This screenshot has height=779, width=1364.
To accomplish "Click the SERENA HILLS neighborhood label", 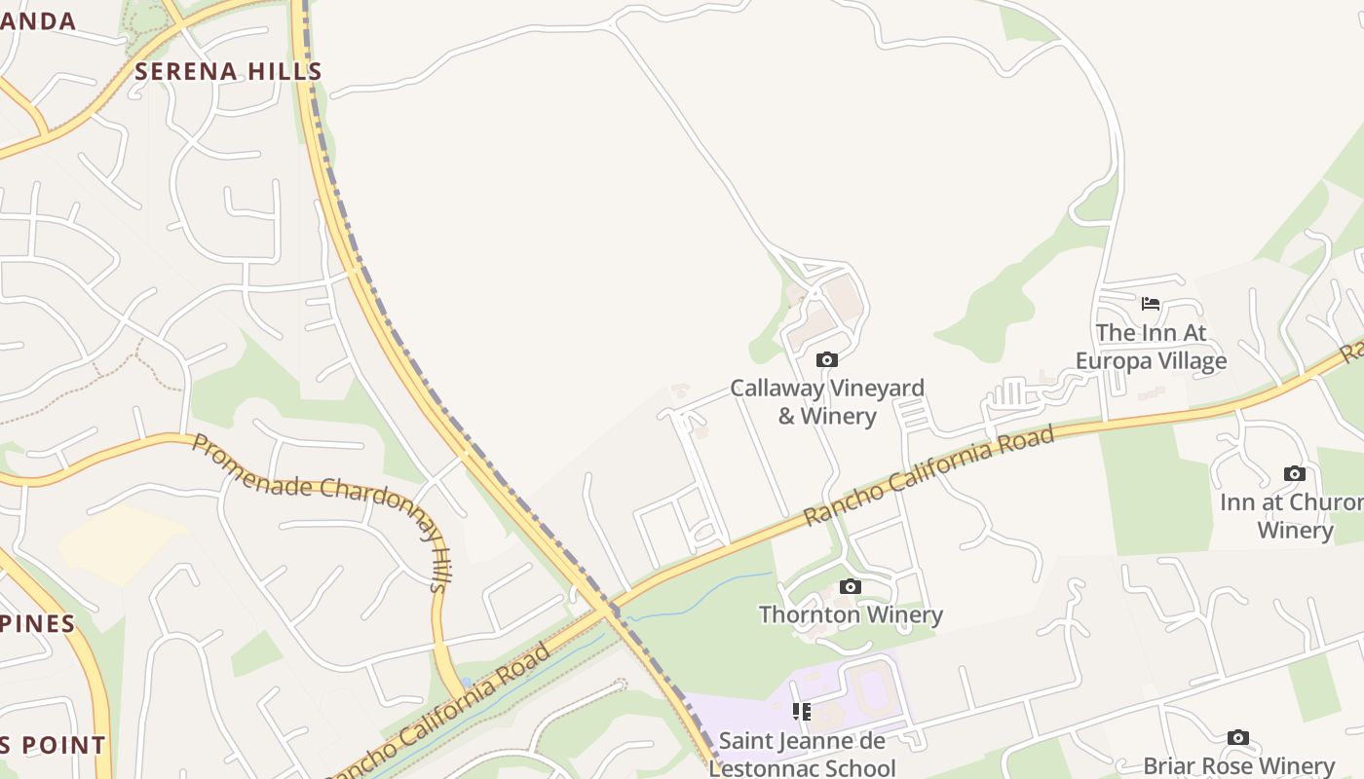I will coord(228,71).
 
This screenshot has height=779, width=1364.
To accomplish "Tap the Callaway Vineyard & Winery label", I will coord(827,401).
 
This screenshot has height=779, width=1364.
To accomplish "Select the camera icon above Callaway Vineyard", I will coord(827,360).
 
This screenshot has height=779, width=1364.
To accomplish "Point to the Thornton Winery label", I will coord(851,614).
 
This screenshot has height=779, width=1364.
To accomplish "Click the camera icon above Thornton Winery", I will coord(851,586).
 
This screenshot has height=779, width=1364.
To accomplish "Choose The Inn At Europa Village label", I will coord(1151,347).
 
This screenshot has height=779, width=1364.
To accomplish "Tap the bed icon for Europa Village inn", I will coord(1151,304).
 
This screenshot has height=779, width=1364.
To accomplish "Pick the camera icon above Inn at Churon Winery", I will coord(1294,474).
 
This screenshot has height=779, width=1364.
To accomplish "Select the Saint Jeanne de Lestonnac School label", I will coord(802,754).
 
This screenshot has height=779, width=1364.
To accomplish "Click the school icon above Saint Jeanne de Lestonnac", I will coord(802,712).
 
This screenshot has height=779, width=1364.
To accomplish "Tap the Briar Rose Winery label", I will coord(1238,765).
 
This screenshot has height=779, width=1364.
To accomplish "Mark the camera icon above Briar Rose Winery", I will coord(1238,737).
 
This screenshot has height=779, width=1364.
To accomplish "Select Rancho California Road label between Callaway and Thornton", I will coord(930,474).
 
